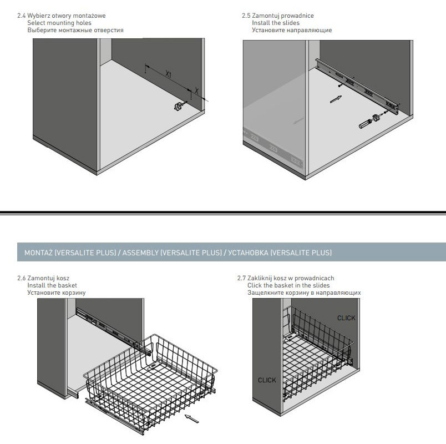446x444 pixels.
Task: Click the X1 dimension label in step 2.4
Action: [x=169, y=74]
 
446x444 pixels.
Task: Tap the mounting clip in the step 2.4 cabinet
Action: [x=178, y=107]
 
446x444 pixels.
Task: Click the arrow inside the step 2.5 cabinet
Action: [x=336, y=99]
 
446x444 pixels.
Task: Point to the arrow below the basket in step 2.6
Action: [x=192, y=418]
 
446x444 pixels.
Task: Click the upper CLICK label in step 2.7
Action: [x=346, y=318]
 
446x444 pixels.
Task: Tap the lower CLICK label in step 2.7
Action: [x=267, y=380]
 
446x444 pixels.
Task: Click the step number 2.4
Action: [x=21, y=16]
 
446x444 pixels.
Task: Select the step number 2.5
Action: [x=246, y=16]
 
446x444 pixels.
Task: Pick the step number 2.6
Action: [x=21, y=278]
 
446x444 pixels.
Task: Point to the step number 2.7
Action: [x=241, y=278]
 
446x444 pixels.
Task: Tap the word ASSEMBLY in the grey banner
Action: [x=140, y=253]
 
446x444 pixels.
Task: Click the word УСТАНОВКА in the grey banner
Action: [x=248, y=253]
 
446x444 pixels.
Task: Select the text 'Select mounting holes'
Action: [x=59, y=23]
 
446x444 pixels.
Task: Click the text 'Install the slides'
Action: [x=276, y=23]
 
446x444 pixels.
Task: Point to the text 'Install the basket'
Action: [x=52, y=285]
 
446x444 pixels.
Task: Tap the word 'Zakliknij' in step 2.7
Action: [x=260, y=279]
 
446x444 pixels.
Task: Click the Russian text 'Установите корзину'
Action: [x=57, y=292]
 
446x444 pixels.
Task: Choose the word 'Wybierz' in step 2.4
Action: [x=38, y=16]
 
